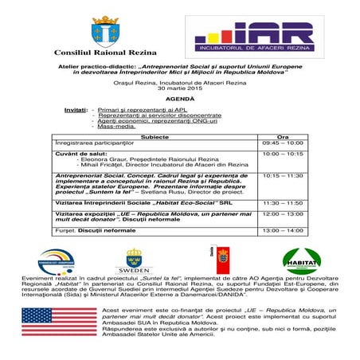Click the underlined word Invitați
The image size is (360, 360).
pos(76,108)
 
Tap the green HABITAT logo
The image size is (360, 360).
pos(302,260)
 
